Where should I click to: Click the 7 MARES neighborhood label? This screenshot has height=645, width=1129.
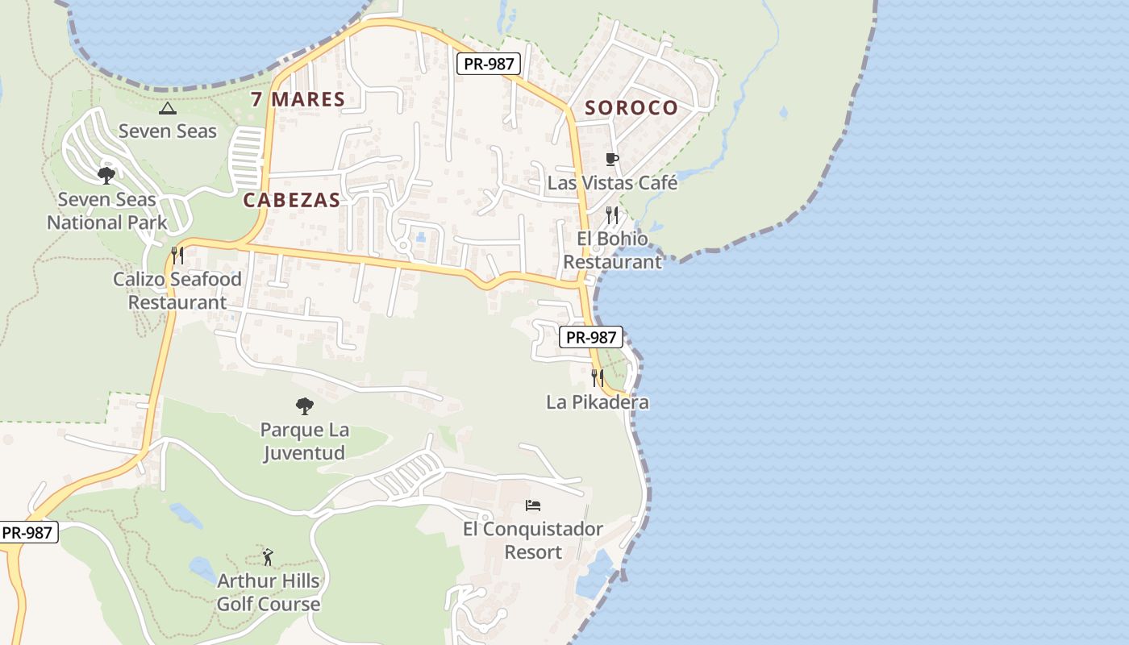point(298,100)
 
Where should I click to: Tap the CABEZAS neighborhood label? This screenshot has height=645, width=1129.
point(291,201)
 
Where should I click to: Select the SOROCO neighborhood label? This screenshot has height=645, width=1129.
point(631,108)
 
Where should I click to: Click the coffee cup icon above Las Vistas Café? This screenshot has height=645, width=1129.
point(611,159)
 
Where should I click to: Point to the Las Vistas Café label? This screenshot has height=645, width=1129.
point(612,183)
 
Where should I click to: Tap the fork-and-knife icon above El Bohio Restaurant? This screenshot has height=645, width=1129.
point(612,215)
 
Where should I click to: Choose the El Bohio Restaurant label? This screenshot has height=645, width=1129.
point(612,250)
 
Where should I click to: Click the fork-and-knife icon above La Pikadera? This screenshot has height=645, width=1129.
point(598,378)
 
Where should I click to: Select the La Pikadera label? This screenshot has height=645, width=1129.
point(598,402)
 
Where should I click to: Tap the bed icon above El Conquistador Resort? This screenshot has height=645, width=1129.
point(533,506)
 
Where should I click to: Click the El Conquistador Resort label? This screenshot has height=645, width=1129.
point(533,540)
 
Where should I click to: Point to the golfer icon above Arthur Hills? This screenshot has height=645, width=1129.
point(268,556)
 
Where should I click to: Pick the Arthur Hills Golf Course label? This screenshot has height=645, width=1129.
point(269,592)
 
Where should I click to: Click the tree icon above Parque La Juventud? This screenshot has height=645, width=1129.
point(304,406)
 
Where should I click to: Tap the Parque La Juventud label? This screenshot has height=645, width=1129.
point(303,441)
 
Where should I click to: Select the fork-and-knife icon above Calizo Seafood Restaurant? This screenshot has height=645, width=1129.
point(177,256)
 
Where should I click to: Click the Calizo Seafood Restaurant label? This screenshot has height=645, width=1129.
point(177,291)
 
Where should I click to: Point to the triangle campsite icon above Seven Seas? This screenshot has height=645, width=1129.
point(168,108)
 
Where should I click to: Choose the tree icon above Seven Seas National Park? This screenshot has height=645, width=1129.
point(106,175)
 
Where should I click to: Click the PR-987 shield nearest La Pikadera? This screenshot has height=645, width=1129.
point(591,337)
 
